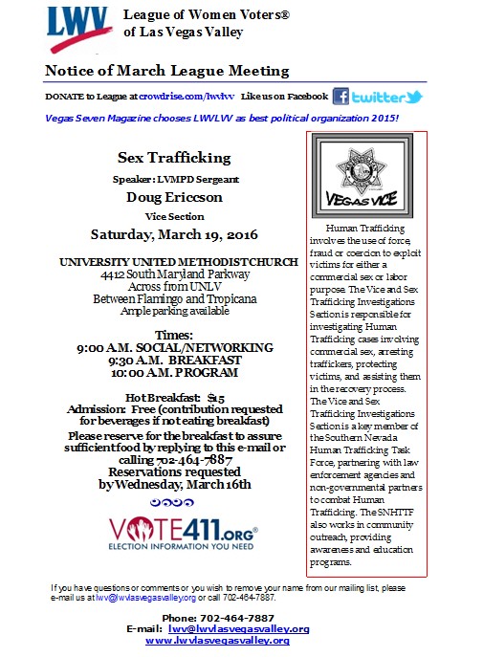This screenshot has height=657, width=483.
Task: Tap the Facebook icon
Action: pyautogui.click(x=340, y=96)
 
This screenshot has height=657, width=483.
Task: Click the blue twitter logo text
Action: pyautogui.click(x=387, y=97)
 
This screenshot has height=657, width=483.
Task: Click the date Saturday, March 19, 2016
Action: pyautogui.click(x=163, y=233)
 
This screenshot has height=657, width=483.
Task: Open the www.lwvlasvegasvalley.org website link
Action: pyautogui.click(x=217, y=640)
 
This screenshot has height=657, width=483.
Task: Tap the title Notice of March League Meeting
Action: pyautogui.click(x=166, y=71)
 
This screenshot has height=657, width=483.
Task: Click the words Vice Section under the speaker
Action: pyautogui.click(x=163, y=216)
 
